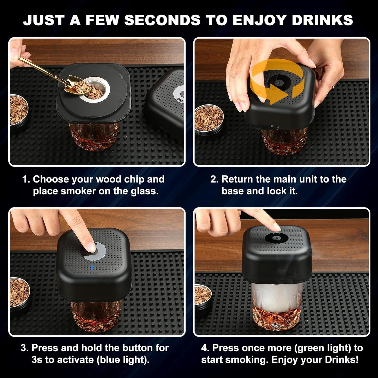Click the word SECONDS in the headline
[162, 20]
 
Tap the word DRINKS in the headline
[323, 20]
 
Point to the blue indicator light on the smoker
[92, 267]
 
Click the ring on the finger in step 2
[333, 86]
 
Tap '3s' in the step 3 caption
[37, 360]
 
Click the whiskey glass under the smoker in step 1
[94, 137]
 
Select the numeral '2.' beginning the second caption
[214, 179]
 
